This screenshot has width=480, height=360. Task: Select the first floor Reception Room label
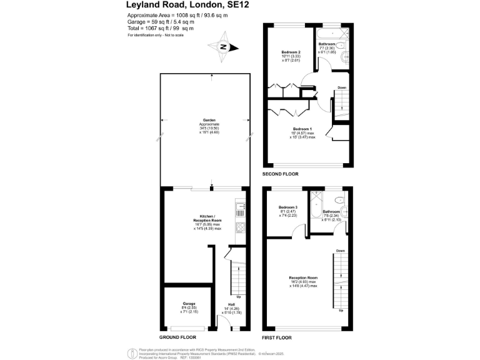point(303,277)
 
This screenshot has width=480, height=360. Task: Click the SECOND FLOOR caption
point(281,173)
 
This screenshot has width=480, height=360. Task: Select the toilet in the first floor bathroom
point(339,200)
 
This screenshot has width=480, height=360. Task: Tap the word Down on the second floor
point(342,87)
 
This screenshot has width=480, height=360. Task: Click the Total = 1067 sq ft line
point(161,28)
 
